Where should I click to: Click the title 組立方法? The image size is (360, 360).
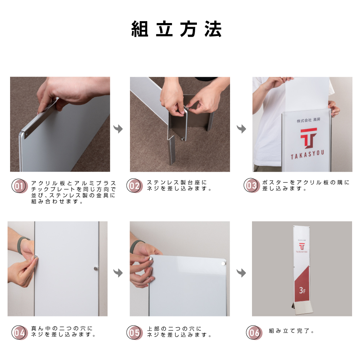coord(176,29)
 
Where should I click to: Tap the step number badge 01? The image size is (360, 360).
coord(19,186)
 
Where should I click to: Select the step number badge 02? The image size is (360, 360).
coord(135,185)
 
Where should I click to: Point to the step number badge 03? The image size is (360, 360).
coord(252,185)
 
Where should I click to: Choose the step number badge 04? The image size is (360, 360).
coord(19,332)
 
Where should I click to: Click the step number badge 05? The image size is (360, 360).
coord(135,332)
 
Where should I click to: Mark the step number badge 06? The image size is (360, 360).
coord(254,332)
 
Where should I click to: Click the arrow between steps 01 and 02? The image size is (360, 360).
coord(118,129)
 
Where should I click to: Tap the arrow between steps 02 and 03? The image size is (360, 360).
coord(242,129)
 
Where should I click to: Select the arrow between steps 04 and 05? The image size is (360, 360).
coord(118,273)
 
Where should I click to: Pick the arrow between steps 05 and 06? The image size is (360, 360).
coord(241,273)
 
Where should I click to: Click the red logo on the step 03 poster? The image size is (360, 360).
coord(309,138)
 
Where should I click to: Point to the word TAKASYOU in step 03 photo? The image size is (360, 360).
coord(307,154)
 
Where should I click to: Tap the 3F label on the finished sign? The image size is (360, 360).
coord(302,291)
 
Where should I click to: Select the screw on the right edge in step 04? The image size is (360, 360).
coord(96,269)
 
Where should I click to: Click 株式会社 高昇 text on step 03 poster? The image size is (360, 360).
coord(309,120)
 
